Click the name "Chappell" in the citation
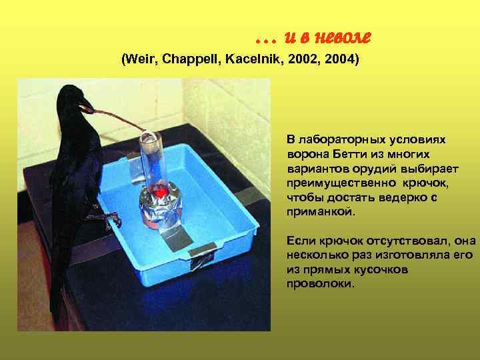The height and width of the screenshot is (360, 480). tap(189, 60)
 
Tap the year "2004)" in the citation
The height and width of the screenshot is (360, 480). tap(341, 60)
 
